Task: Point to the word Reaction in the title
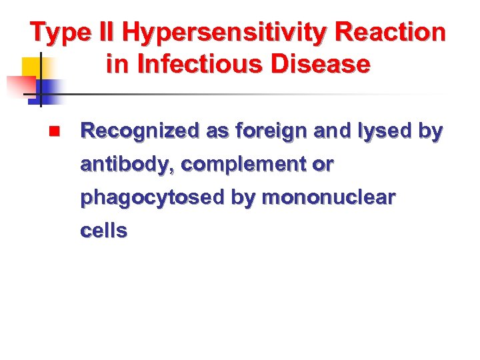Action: pyautogui.click(x=391, y=32)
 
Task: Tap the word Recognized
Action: pyautogui.click(x=139, y=131)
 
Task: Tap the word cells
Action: pyautogui.click(x=103, y=231)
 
